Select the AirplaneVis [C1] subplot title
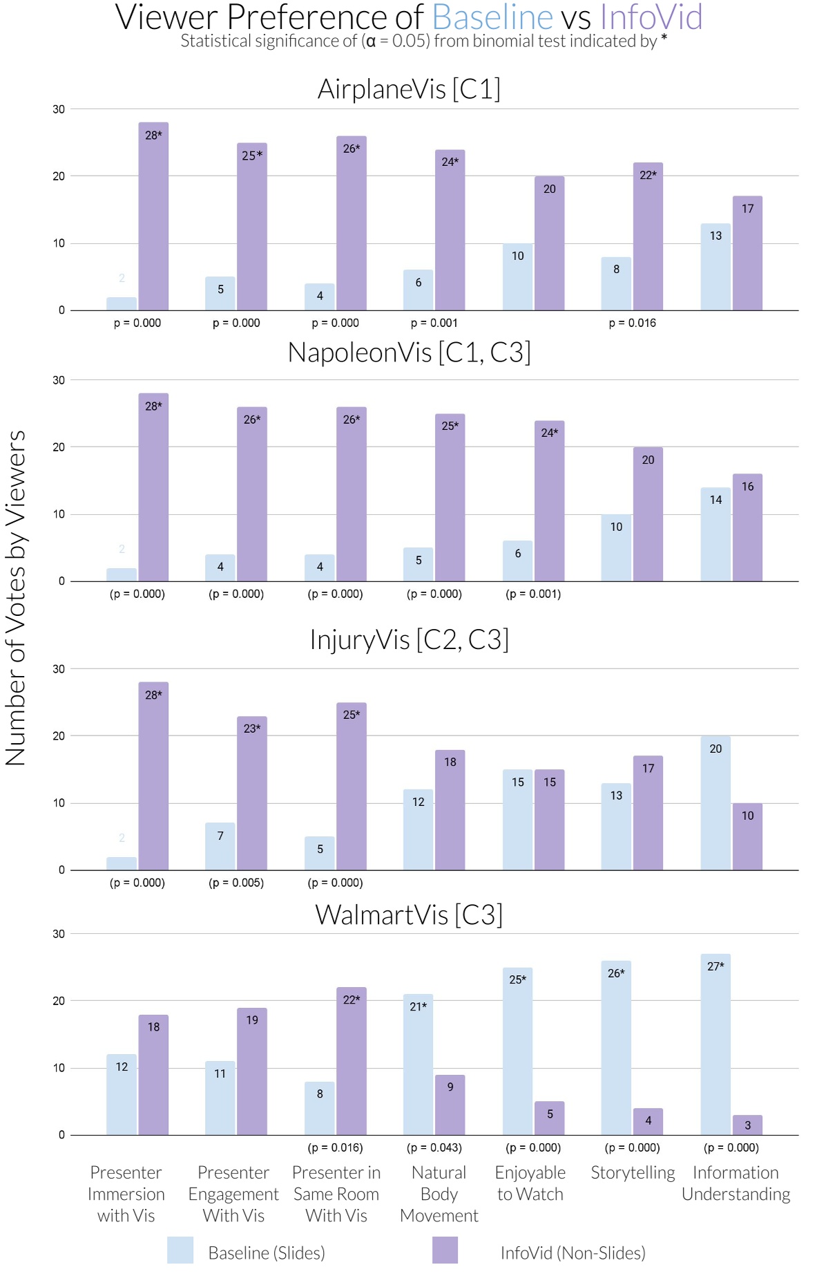(x=409, y=89)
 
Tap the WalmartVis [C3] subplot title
(x=409, y=914)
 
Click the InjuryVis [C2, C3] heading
(x=409, y=639)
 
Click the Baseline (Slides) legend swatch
(x=180, y=1250)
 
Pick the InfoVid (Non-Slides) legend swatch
(x=445, y=1250)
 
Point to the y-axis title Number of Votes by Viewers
(x=17, y=598)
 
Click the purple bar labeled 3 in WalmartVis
(x=747, y=1125)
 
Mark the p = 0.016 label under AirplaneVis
(x=632, y=323)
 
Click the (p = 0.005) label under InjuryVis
(x=236, y=883)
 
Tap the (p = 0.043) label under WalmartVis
(x=434, y=1147)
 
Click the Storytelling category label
(x=633, y=1172)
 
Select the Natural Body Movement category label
(x=439, y=1194)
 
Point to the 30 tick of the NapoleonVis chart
(x=59, y=380)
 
